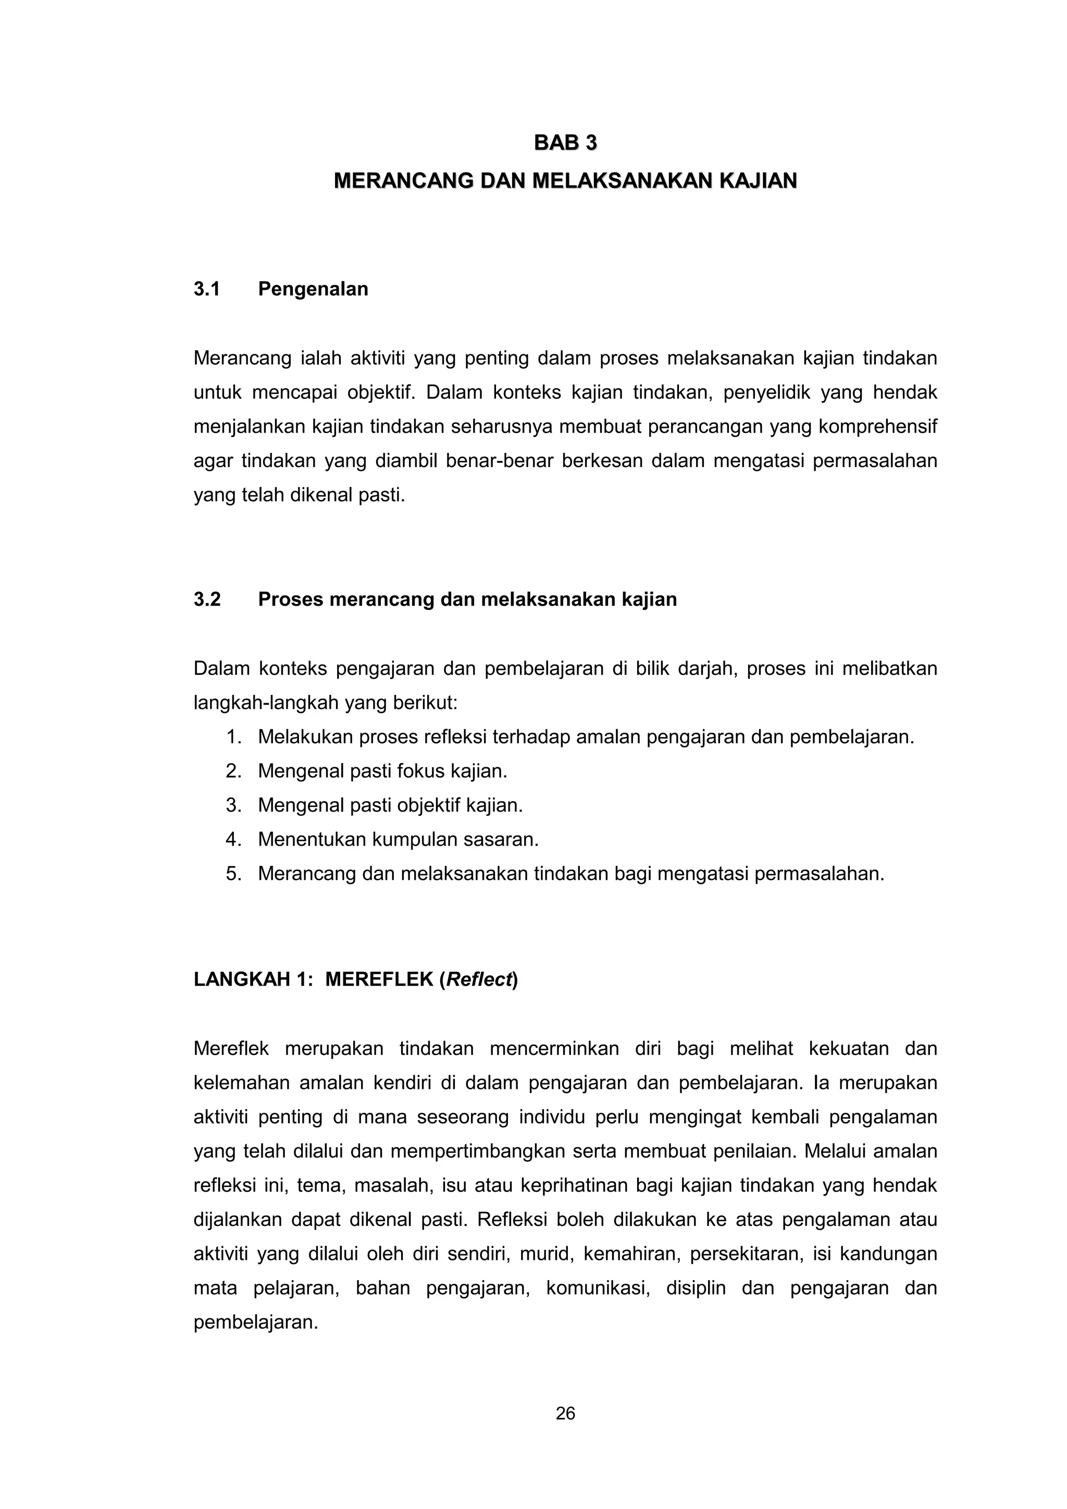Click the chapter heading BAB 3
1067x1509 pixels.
[x=565, y=143]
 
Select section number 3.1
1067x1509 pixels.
[x=206, y=289]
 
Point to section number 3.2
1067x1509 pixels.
[x=207, y=599]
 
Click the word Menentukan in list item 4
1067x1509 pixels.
[x=312, y=839]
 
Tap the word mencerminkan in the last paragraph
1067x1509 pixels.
[x=554, y=1048]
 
